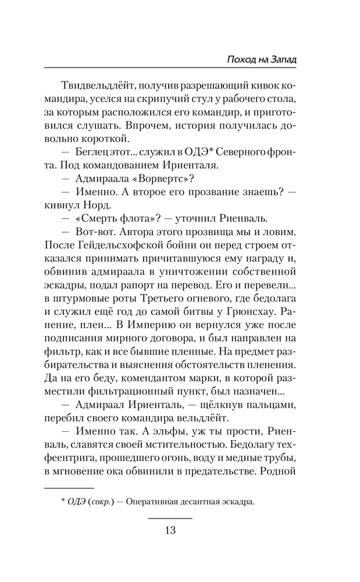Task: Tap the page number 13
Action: [x=170, y=530]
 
